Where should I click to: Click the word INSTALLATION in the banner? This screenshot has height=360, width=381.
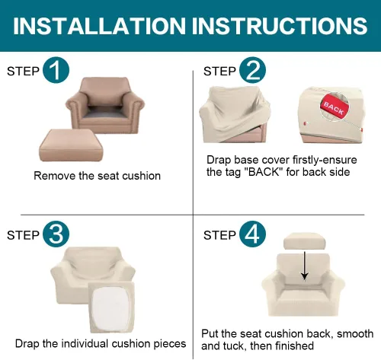[99, 26]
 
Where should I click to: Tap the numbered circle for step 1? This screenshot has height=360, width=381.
[56, 70]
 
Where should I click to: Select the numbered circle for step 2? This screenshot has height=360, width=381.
[252, 70]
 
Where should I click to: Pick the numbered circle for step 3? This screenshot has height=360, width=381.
[56, 234]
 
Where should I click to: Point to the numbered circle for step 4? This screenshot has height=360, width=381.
[252, 234]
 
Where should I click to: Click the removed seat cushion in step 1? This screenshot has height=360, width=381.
[71, 145]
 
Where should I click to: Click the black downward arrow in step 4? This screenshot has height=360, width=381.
[304, 266]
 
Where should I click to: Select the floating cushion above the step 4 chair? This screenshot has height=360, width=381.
[304, 241]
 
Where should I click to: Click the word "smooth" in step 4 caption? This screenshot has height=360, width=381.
[355, 334]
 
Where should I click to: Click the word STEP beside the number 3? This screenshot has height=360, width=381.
[23, 235]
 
